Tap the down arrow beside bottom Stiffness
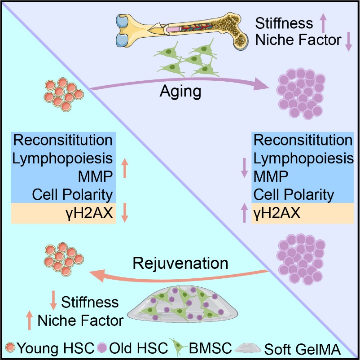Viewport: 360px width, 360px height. (x=53, y=300)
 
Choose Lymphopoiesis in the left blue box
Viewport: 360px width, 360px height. (x=63, y=159)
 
